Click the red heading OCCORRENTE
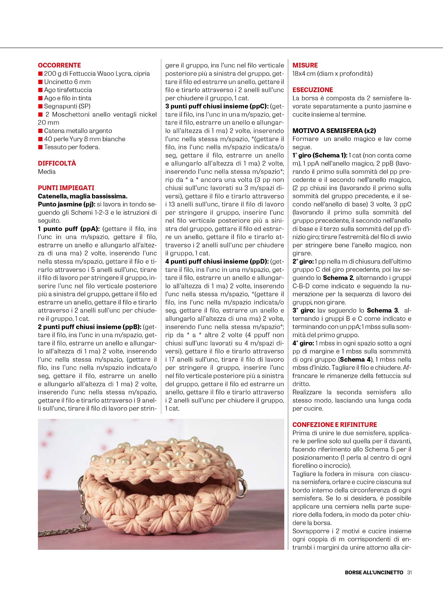tap(59, 65)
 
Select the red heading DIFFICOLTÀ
tap(57, 163)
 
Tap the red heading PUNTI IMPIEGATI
tap(66, 188)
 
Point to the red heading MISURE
tap(305, 65)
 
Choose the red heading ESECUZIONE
tap(313, 90)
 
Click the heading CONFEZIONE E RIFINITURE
tap(335, 425)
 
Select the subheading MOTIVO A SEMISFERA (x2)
tap(334, 131)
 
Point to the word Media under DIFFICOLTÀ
tap(47, 172)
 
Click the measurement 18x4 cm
tap(304, 74)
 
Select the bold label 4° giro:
tap(303, 343)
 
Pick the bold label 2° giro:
tap(303, 261)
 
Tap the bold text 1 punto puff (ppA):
tap(69, 229)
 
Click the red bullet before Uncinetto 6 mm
tap(40, 82)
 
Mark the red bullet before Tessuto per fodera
tap(40, 147)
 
